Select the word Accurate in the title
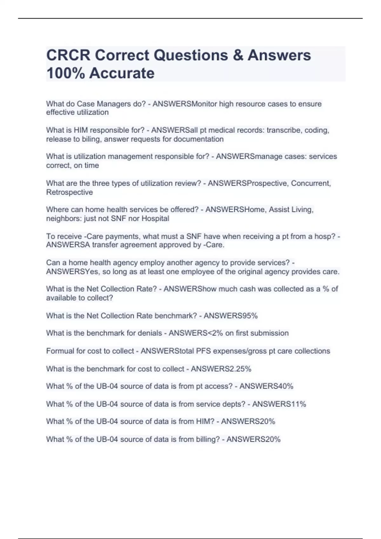click(x=122, y=73)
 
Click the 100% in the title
click(x=65, y=73)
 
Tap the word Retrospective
click(x=70, y=192)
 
